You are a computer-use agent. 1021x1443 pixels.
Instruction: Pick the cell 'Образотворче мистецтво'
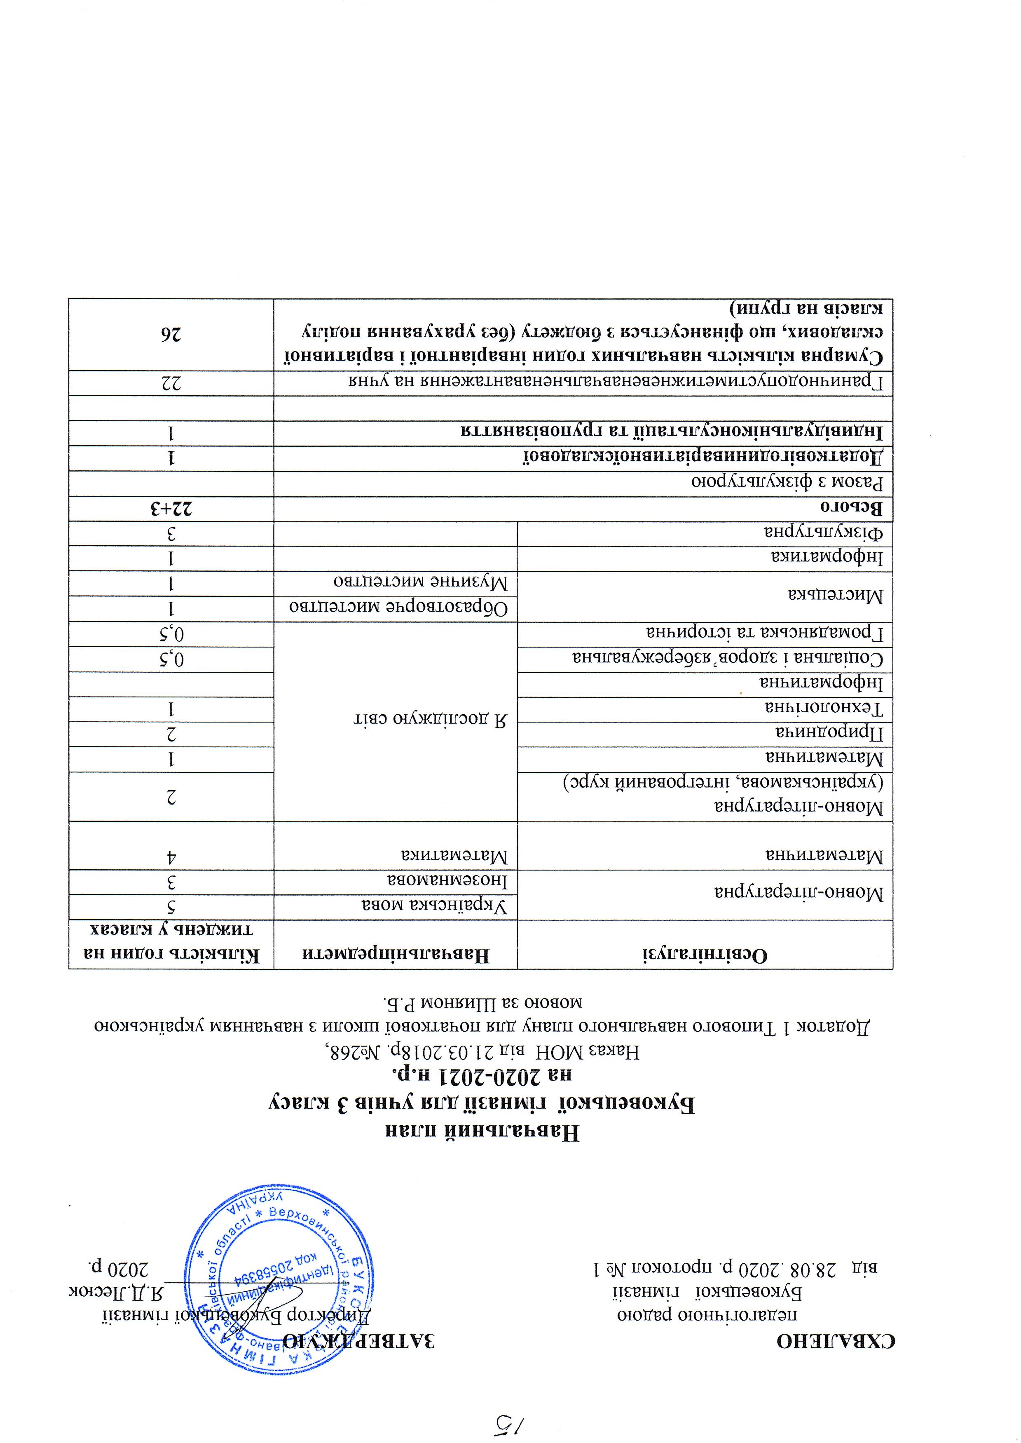pos(403,608)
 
